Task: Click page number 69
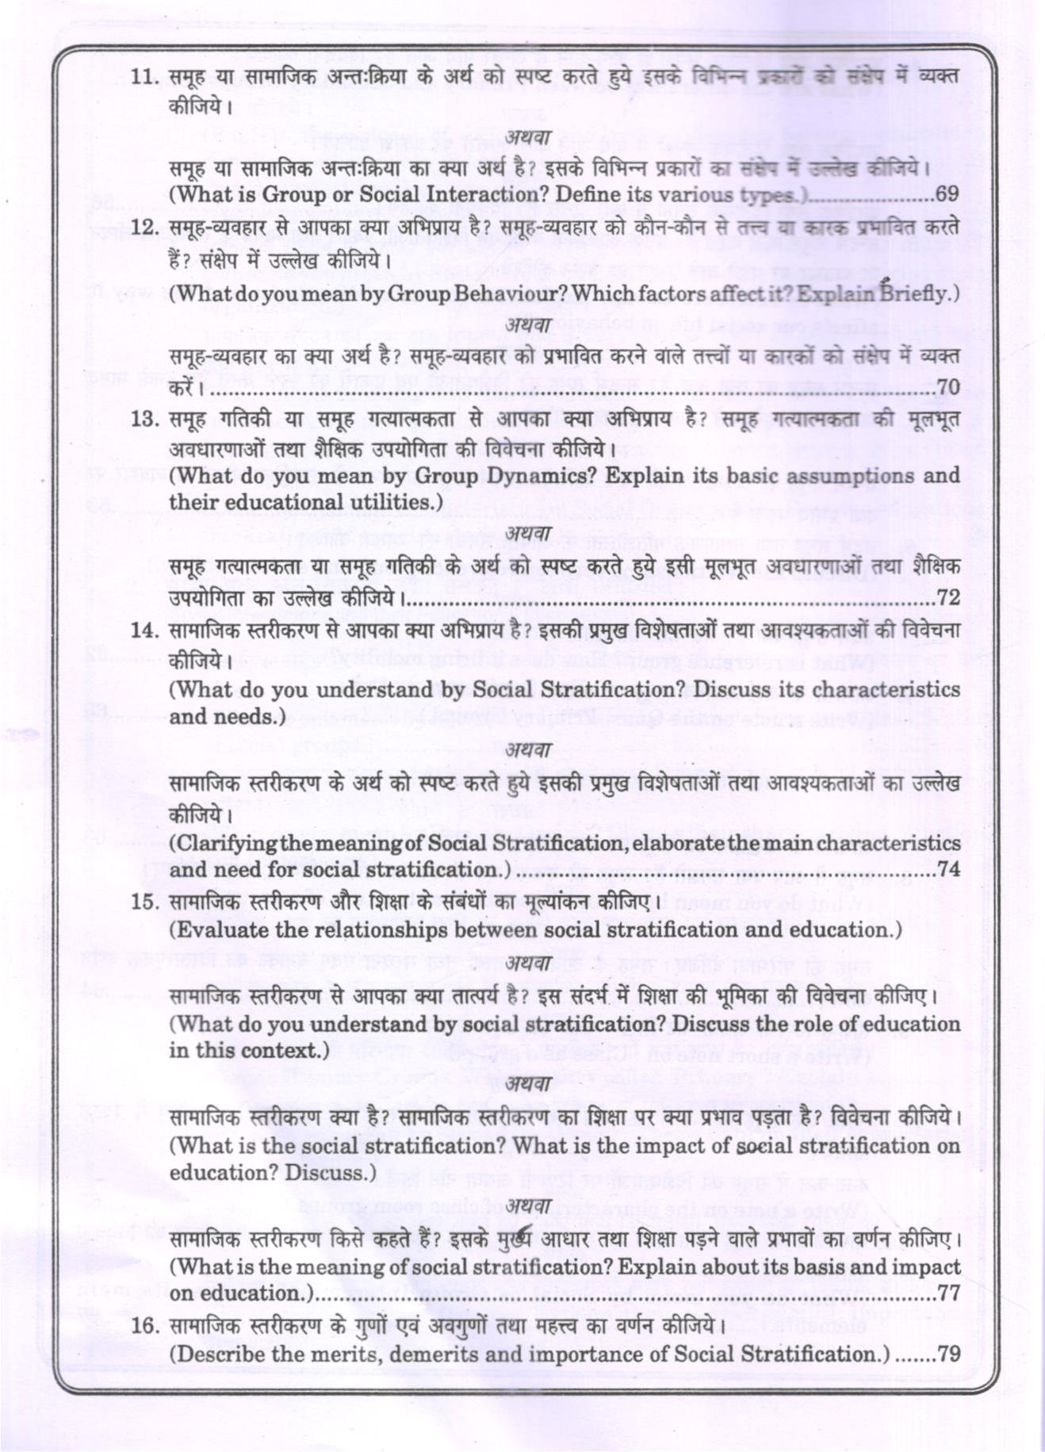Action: point(947,194)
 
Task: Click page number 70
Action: point(948,388)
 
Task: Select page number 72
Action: point(948,597)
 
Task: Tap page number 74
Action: point(948,870)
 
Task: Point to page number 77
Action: point(948,1293)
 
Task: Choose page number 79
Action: point(948,1354)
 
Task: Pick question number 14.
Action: point(145,630)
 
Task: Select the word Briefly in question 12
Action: point(917,294)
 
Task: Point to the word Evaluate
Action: point(220,930)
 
